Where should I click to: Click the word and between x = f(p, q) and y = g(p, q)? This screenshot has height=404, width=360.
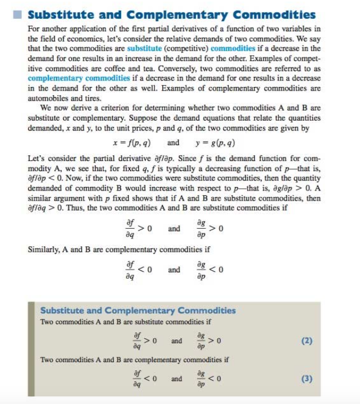174,142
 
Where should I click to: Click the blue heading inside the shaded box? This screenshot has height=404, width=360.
138,310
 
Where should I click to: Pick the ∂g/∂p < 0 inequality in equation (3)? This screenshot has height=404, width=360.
209,379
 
